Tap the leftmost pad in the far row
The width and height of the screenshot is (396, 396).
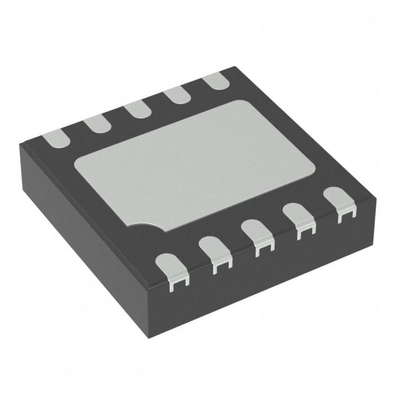click(x=57, y=138)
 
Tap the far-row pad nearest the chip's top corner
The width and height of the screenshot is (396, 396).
click(x=215, y=81)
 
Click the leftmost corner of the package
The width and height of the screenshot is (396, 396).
click(x=20, y=144)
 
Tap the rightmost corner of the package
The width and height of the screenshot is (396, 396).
click(x=376, y=195)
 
